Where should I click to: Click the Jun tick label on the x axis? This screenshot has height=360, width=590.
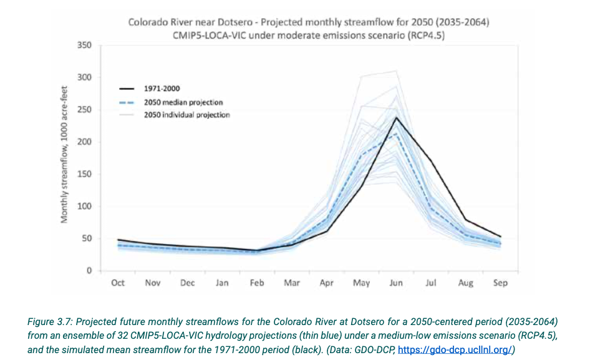click(x=396, y=283)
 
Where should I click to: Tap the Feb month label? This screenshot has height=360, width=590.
click(x=257, y=283)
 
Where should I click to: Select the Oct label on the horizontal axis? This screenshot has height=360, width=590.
click(x=118, y=283)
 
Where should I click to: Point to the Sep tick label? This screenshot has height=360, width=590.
click(x=500, y=283)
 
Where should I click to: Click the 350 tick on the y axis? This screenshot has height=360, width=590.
click(x=85, y=46)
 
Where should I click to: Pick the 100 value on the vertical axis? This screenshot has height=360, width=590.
click(x=85, y=207)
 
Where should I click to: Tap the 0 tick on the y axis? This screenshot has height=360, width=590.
click(x=89, y=271)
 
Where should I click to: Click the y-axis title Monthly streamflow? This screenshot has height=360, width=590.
click(x=64, y=157)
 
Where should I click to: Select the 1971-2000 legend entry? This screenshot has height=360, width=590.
click(x=162, y=89)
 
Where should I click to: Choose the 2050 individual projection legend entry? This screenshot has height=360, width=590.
click(x=187, y=115)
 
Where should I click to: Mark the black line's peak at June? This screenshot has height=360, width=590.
click(x=396, y=117)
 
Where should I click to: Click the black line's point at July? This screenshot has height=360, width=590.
click(x=431, y=161)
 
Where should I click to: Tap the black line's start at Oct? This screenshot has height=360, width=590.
click(x=118, y=240)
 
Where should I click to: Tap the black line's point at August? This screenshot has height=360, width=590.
click(x=466, y=220)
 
